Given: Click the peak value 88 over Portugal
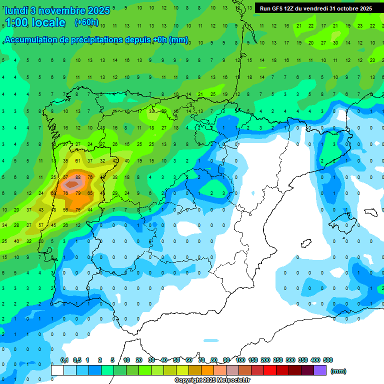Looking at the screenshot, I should pyautogui.click(x=78, y=177).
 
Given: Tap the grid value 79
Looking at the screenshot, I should pyautogui.click(x=78, y=193).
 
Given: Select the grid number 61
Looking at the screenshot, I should pyautogui.click(x=78, y=161).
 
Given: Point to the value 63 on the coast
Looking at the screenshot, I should pyautogui.click(x=53, y=193).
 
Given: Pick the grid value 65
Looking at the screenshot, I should pyautogui.click(x=90, y=193).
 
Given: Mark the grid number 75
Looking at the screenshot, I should pyautogui.click(x=78, y=209).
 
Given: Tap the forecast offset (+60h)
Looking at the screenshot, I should pyautogui.click(x=86, y=22).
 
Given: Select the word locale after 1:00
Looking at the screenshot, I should pyautogui.click(x=48, y=22).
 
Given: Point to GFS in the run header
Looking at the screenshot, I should pyautogui.click(x=279, y=8).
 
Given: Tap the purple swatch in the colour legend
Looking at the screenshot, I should pyautogui.click(x=320, y=370).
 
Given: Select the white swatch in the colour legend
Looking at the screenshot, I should pyautogui.click(x=57, y=370).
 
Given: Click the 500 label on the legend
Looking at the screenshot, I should pyautogui.click(x=328, y=360).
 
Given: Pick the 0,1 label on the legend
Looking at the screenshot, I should pyautogui.click(x=64, y=360).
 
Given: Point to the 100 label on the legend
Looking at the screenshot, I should pyautogui.click(x=240, y=360).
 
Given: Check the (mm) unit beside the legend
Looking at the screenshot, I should pyautogui.click(x=338, y=371).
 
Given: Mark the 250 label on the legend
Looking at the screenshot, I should pyautogui.click(x=277, y=360).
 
